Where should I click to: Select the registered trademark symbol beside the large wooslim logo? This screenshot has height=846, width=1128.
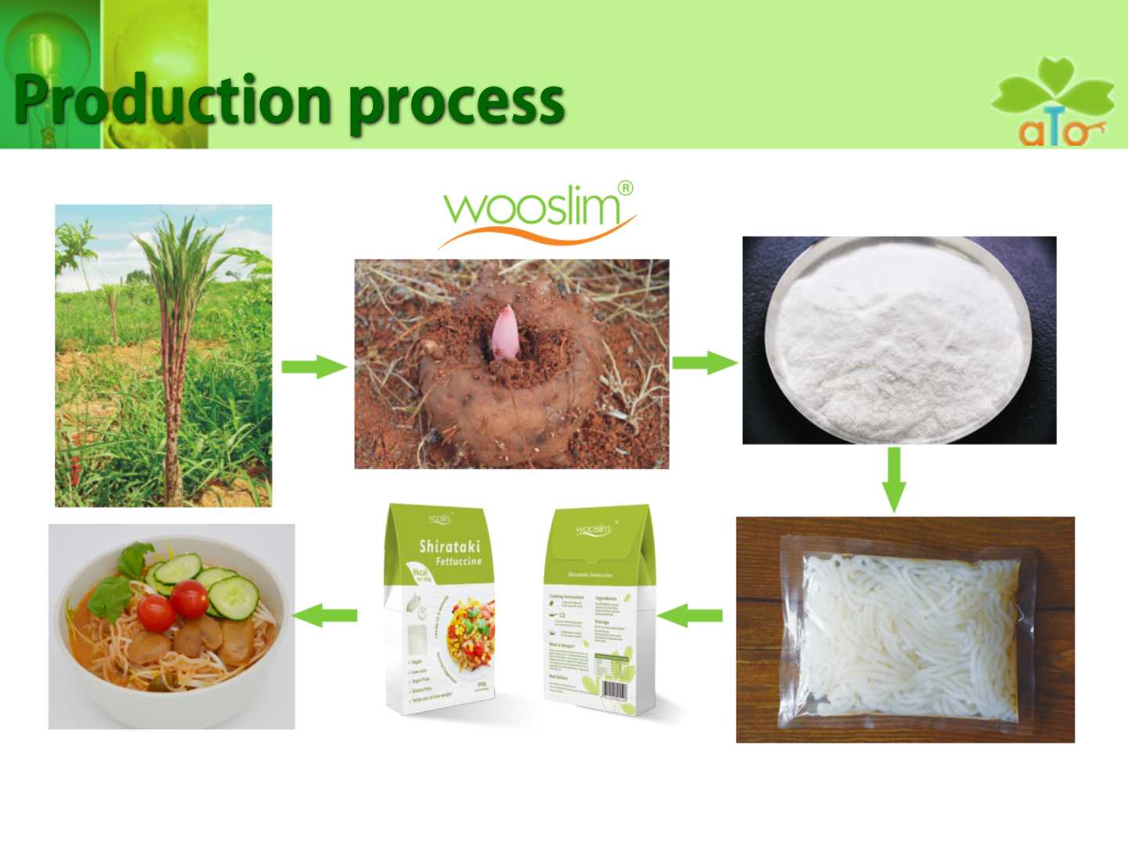point(625,188)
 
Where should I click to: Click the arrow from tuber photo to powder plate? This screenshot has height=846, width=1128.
point(704,363)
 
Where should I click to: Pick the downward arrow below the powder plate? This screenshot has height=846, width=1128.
point(894,479)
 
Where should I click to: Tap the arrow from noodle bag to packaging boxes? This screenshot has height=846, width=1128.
point(689,615)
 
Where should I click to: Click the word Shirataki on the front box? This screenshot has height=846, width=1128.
point(450,546)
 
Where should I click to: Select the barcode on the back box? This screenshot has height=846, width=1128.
point(613,690)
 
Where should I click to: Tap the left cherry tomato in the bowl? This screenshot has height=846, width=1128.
point(156,612)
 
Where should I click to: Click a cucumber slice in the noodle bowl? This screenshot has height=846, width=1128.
point(233,598)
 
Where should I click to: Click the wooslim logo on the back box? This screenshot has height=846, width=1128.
point(593,530)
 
